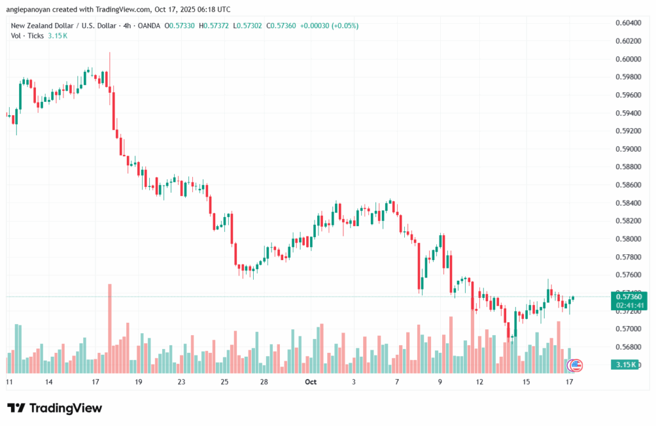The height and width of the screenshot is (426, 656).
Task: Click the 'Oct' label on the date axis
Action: [311, 382]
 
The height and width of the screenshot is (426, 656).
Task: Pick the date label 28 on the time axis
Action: [264, 382]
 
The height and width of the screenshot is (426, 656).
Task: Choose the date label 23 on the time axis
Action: [181, 382]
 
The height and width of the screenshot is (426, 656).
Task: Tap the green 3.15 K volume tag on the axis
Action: [625, 365]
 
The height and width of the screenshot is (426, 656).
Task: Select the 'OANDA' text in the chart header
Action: [148, 26]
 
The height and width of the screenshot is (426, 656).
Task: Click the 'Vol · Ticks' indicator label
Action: [27, 35]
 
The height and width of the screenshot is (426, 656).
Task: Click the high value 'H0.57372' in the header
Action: [214, 26]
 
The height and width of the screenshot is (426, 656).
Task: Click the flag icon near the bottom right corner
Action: [576, 365]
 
